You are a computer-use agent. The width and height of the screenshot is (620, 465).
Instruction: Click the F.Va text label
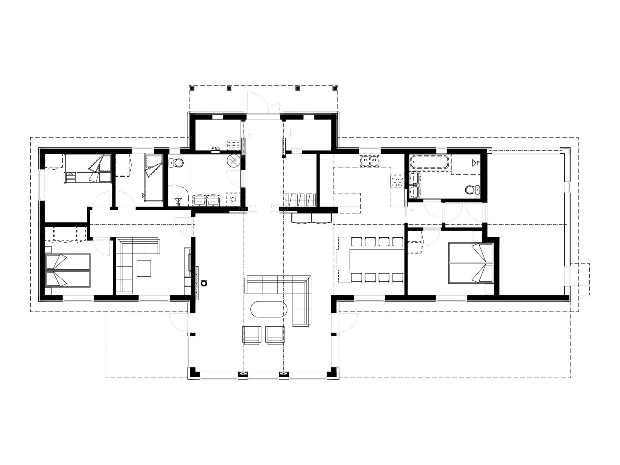215,148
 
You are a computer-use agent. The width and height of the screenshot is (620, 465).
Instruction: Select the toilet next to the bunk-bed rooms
177,163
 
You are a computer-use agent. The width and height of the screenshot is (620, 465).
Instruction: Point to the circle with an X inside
234,161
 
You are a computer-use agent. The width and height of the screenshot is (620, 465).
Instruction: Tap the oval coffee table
269,310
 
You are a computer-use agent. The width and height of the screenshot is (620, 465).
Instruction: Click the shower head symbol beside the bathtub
476,162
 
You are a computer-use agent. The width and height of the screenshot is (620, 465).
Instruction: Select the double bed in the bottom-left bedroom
68,270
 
